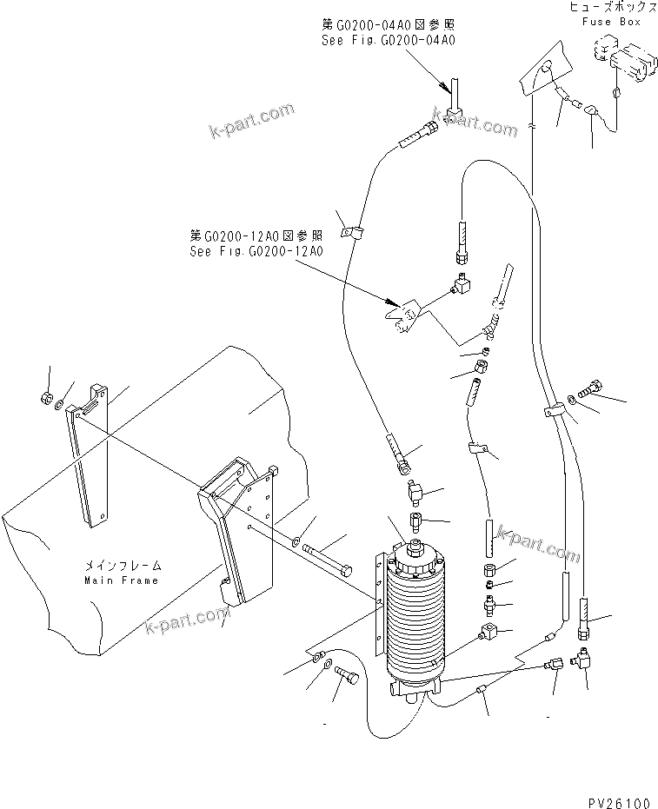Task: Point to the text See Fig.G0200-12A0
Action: [256, 252]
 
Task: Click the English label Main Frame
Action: [121, 580]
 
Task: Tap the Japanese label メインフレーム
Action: [121, 566]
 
